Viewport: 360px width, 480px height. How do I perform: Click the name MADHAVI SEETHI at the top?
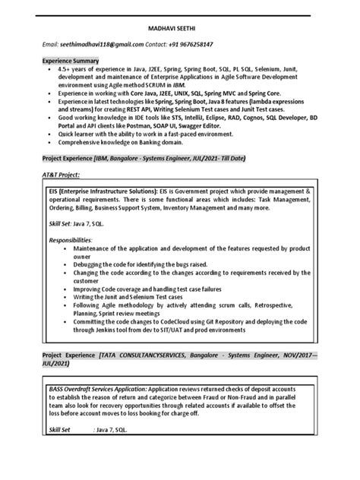(179, 27)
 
